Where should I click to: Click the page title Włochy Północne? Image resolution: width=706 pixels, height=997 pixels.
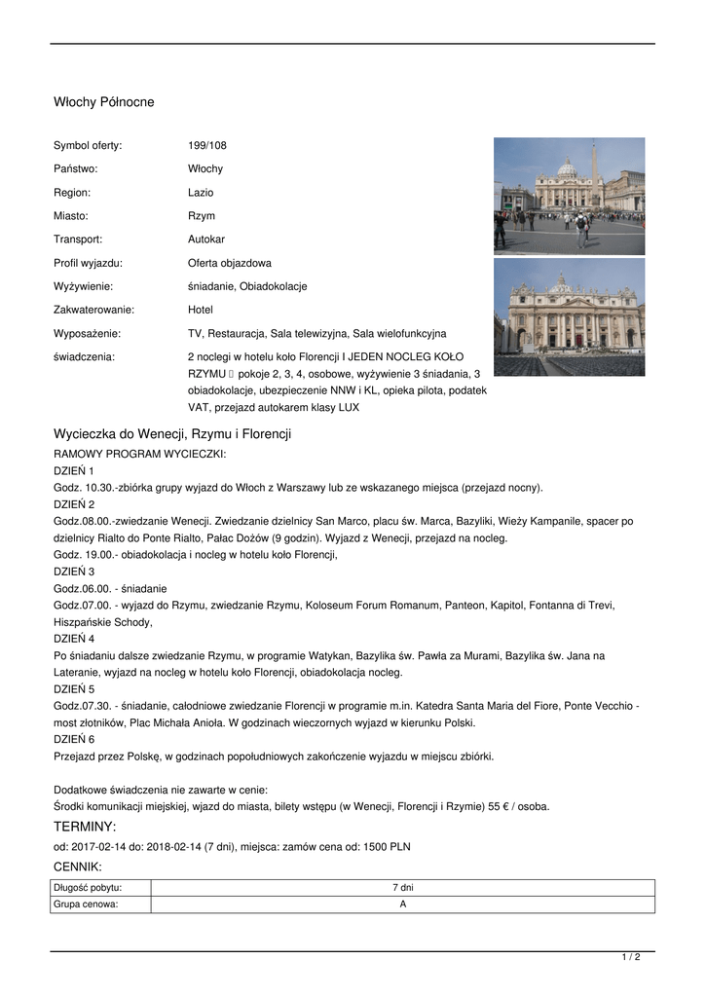click(x=103, y=102)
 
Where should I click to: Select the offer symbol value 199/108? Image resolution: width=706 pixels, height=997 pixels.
click(x=206, y=145)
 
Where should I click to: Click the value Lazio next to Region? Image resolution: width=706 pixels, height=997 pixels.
click(x=201, y=193)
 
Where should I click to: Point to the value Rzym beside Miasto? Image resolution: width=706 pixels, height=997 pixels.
click(x=202, y=216)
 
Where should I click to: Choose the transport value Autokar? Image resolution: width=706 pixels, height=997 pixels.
click(x=206, y=240)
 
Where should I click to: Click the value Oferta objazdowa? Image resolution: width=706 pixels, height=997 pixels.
click(x=230, y=263)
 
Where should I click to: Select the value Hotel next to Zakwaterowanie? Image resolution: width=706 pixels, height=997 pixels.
click(x=201, y=310)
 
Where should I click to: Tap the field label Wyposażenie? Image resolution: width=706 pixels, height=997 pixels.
click(x=87, y=333)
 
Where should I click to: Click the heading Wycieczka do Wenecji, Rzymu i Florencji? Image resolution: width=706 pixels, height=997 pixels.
click(x=172, y=433)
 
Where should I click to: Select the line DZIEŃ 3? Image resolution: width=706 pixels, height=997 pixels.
click(x=74, y=571)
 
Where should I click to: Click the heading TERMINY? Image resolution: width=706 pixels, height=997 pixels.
click(x=85, y=827)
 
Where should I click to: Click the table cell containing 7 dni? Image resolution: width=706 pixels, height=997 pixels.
click(x=402, y=887)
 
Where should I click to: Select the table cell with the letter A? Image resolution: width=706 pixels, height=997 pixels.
click(x=402, y=904)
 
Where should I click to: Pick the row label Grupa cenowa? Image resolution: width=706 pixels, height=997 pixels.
click(x=86, y=904)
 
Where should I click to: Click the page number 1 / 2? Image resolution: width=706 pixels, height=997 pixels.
click(x=631, y=958)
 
